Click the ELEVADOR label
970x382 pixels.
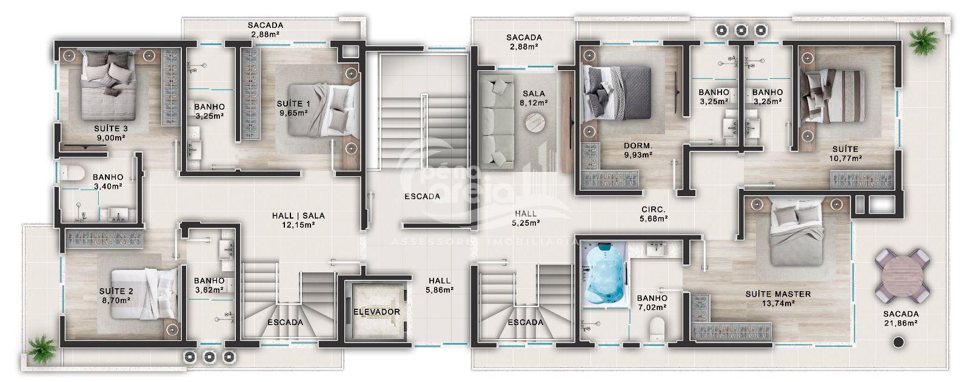point(376,312)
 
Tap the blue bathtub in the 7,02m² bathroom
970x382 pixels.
point(604,275)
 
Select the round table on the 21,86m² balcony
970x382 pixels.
point(903,275)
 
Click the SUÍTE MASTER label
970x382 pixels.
point(778,294)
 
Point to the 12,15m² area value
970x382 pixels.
point(298,225)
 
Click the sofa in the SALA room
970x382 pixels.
point(497,122)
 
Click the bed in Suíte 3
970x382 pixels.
point(109,85)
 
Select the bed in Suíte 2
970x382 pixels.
point(145,294)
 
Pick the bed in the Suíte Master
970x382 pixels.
point(797,234)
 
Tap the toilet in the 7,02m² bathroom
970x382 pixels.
point(657,330)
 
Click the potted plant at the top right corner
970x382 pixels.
point(924,41)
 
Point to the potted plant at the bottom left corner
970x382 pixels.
point(42,349)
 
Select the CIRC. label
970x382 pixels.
point(654,209)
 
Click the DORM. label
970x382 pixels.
point(638,146)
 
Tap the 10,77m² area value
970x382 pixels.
point(845,159)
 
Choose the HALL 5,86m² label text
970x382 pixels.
point(440,286)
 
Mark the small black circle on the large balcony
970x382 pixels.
point(899,342)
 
